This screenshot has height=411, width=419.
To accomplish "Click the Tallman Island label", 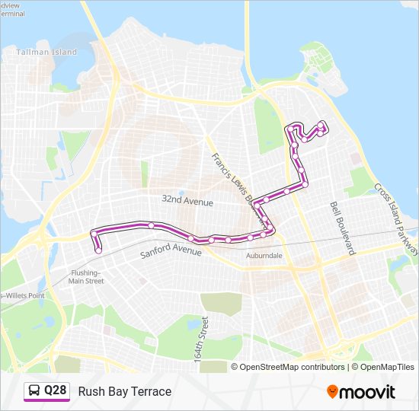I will point(47,53).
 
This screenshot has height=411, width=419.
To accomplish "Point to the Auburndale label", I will point(264,256).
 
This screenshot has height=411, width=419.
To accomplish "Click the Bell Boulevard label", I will point(343,227).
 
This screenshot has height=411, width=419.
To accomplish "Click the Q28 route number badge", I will point(55,391).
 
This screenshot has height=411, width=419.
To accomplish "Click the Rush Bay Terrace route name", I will point(124,391).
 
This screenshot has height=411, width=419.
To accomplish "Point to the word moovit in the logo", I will point(367,392).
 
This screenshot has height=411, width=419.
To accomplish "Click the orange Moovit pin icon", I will point(332,391).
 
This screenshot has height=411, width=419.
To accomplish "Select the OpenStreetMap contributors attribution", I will point(293,367).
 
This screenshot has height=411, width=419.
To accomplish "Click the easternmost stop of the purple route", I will point(326,128).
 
